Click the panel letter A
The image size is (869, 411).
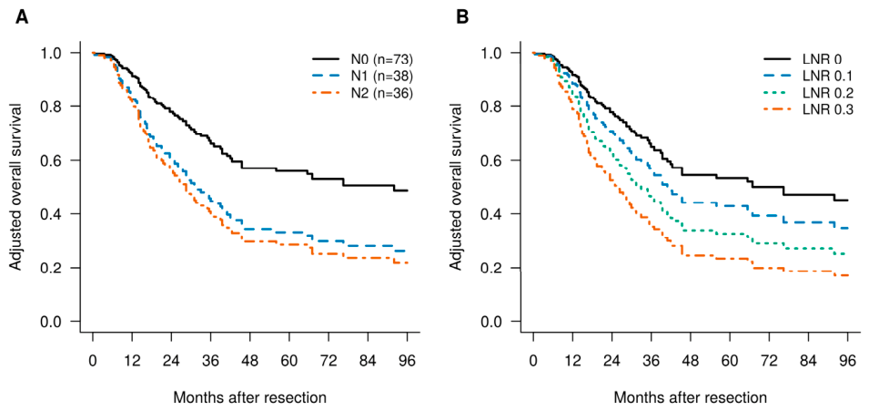point(21,17)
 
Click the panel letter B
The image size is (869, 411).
point(462,17)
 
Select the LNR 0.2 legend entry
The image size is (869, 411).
point(806,95)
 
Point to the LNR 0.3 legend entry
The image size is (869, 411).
point(806,113)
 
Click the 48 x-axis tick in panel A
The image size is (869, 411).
point(250,359)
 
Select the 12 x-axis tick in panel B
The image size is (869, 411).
point(572,359)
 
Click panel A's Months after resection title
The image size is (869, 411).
point(250,397)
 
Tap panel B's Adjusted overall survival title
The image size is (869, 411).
point(458,187)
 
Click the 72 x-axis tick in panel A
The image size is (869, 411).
point(329,359)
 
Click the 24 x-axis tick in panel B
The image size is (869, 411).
point(611,359)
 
